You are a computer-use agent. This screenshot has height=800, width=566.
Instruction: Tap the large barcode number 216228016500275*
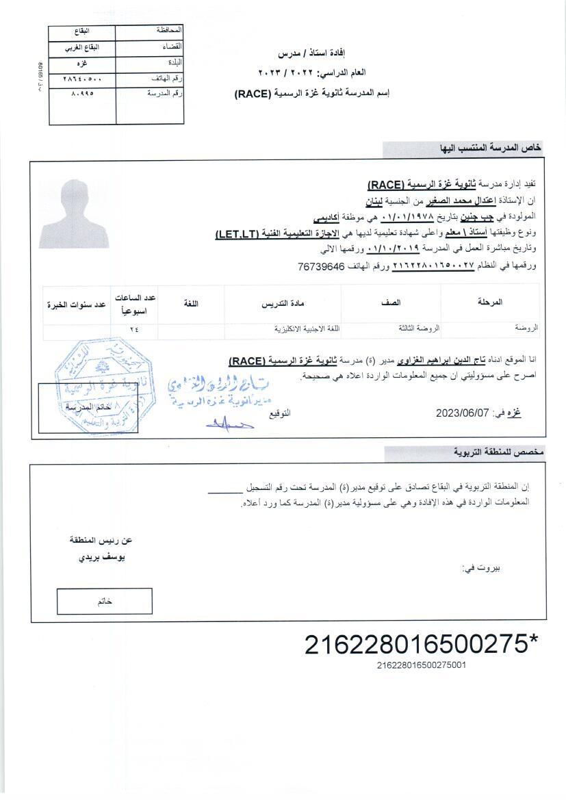coord(421,645)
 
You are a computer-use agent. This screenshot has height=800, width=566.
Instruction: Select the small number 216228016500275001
coord(421,664)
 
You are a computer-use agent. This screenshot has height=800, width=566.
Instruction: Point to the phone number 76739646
coord(322,266)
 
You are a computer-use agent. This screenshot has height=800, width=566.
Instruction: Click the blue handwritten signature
coord(229,425)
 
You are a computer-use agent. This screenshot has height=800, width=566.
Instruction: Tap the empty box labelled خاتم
coord(104,601)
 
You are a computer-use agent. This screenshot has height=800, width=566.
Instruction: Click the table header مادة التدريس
coord(283,302)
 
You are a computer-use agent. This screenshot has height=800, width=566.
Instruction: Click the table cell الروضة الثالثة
coord(419,328)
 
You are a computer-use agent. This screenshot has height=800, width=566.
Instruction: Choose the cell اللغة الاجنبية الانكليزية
coord(307,328)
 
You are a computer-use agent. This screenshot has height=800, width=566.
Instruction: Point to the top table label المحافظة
coord(169,31)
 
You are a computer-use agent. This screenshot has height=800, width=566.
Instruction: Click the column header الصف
coord(391,302)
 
